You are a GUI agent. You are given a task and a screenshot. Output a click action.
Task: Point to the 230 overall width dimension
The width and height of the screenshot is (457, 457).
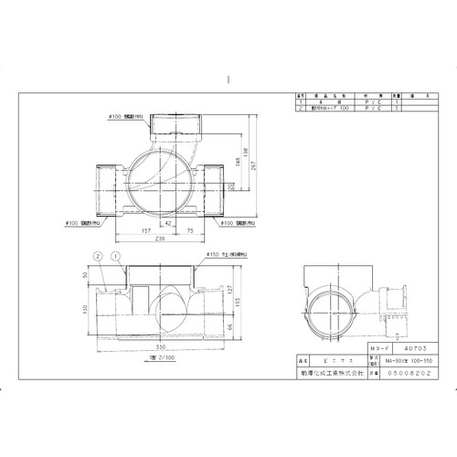(x=161, y=239)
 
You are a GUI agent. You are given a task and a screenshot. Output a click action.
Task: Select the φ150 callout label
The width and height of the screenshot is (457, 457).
(x=216, y=255)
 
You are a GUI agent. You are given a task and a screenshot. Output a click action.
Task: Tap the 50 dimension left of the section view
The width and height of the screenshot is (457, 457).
(x=86, y=274)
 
